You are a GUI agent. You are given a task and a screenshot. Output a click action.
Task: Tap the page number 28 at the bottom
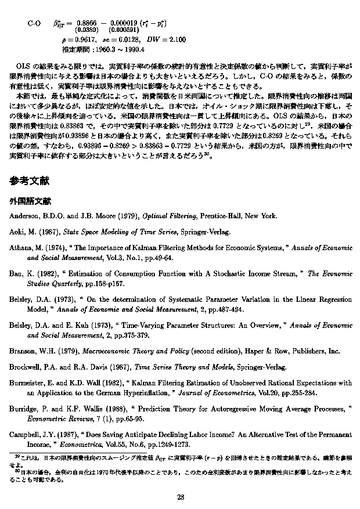(x=180, y=496)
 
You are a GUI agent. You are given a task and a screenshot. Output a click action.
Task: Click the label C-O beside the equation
(x=34, y=23)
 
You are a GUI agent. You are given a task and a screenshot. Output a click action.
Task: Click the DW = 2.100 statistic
(x=167, y=39)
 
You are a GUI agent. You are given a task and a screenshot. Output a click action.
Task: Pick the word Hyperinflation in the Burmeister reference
(x=134, y=392)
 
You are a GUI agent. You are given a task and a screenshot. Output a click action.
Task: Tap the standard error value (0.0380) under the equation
(x=87, y=30)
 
